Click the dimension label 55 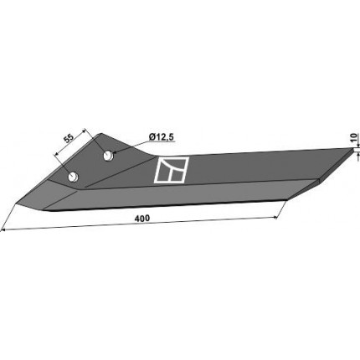69,138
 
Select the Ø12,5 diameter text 162,137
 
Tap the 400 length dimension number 142,219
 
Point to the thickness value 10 353,138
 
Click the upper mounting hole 108,156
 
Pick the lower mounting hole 74,177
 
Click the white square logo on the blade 172,170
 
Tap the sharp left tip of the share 16,203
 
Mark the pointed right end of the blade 352,149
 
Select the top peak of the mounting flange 100,134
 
